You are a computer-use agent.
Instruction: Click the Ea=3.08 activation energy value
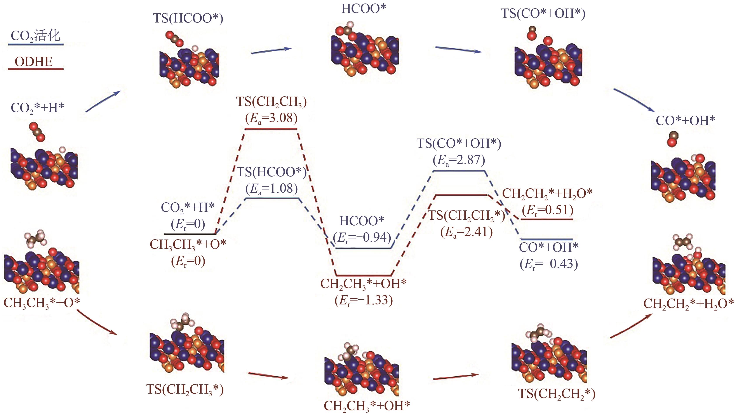click(x=271, y=118)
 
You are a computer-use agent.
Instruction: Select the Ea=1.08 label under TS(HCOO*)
click(x=271, y=188)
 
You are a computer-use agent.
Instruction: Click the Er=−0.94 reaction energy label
click(x=362, y=237)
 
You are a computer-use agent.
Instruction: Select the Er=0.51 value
click(x=547, y=210)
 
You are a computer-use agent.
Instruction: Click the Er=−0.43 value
click(x=549, y=264)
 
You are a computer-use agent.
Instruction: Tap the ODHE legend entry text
click(x=34, y=62)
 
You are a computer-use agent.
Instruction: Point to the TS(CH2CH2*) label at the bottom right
click(x=557, y=394)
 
